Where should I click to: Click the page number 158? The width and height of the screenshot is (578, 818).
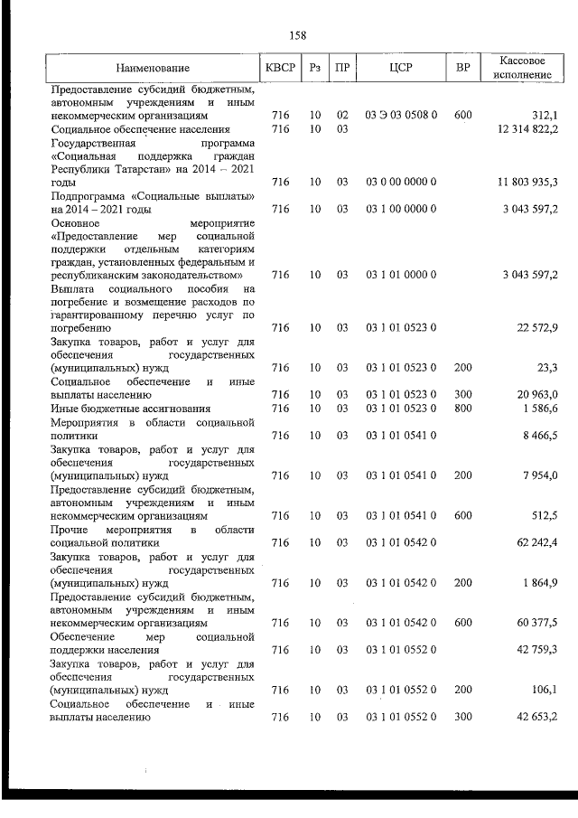point(297,35)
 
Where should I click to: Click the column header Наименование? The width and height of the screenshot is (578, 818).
point(153,69)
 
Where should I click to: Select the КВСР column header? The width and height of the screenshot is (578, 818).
point(280,68)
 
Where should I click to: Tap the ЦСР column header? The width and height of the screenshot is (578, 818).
point(400,68)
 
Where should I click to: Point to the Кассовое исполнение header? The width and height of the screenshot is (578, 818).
point(524,68)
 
